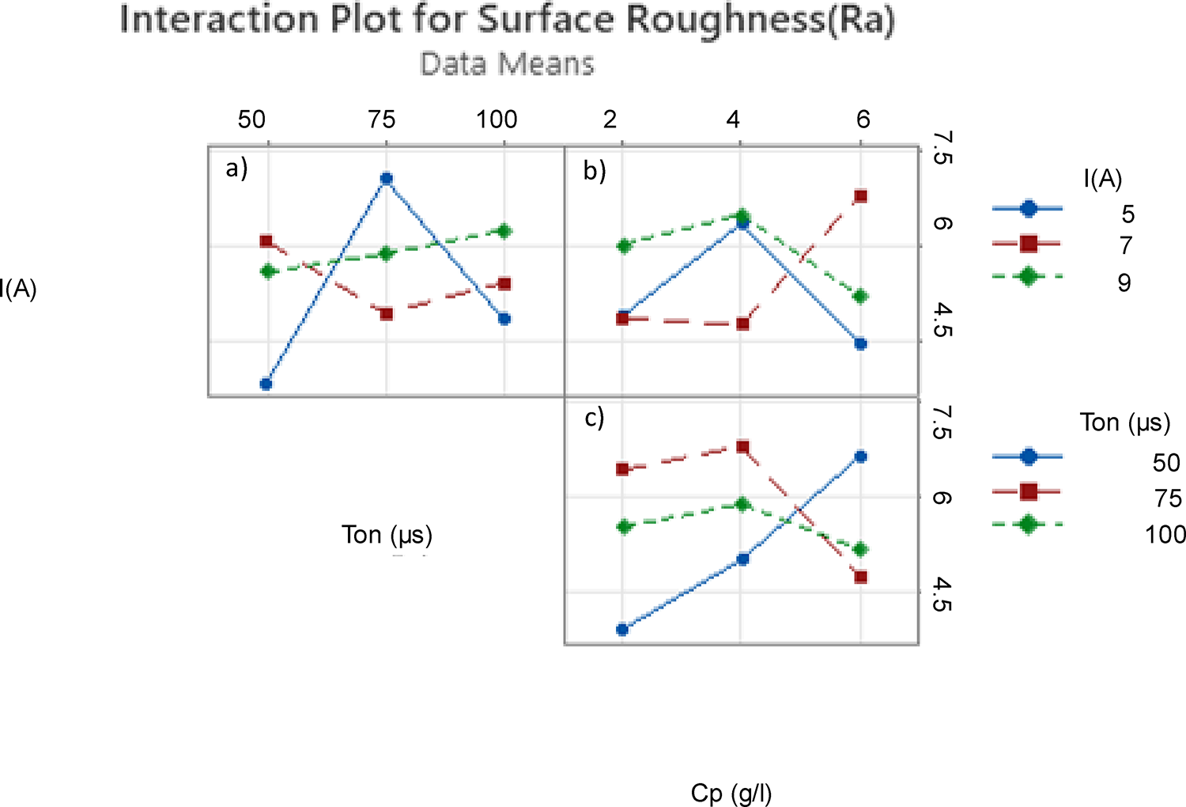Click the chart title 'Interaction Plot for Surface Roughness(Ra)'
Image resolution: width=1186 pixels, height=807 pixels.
(507, 21)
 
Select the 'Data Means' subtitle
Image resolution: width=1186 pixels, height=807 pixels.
(507, 64)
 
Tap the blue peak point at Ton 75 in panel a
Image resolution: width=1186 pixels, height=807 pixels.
(386, 179)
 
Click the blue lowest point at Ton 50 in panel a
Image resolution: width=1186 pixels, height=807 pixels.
(266, 384)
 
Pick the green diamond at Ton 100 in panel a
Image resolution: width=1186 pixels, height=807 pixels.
(504, 231)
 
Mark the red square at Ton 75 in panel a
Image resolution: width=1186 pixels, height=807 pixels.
(386, 313)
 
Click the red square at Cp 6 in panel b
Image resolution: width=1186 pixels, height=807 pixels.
(861, 196)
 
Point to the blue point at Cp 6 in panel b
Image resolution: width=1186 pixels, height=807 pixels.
(861, 343)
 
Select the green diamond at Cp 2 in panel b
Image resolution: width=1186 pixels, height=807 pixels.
(623, 246)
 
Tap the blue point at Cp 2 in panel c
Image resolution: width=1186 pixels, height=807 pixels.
(622, 630)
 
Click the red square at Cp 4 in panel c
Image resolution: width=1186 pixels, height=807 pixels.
(742, 447)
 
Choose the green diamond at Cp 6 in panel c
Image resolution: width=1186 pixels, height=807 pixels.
(861, 549)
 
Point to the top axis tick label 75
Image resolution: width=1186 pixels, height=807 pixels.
(382, 119)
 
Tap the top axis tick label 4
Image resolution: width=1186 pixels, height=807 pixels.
(734, 119)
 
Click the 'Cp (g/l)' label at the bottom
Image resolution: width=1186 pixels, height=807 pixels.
(731, 793)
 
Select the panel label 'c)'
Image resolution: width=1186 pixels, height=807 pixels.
(595, 418)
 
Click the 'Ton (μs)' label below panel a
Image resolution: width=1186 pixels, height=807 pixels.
(387, 535)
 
